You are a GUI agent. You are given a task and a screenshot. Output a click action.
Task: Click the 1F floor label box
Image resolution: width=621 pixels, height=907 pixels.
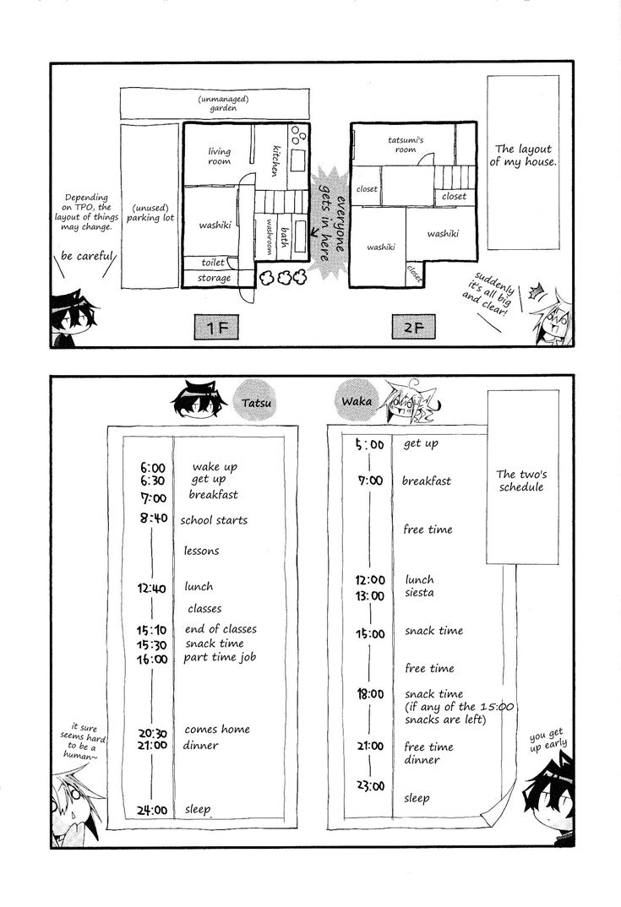tap(216, 328)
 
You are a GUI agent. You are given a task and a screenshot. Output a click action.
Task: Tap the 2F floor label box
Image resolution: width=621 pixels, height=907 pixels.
tap(413, 327)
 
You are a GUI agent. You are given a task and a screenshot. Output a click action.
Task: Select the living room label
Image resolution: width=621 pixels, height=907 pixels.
tap(220, 156)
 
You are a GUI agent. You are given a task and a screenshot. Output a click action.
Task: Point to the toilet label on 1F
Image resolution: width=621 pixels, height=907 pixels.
tap(213, 263)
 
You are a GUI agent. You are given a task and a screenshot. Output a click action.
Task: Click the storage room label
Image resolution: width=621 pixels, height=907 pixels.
tap(214, 278)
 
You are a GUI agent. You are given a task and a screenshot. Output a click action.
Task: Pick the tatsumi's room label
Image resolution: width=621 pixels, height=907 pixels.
tap(406, 144)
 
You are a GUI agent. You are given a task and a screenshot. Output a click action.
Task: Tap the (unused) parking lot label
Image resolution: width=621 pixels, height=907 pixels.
tap(150, 213)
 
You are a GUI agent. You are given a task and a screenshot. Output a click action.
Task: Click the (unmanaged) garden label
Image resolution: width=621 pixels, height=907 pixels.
tap(223, 104)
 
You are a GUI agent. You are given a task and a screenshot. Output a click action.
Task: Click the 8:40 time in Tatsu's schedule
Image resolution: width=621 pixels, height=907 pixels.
tap(154, 519)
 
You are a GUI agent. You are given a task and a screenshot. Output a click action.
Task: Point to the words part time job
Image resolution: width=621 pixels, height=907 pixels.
tap(220, 658)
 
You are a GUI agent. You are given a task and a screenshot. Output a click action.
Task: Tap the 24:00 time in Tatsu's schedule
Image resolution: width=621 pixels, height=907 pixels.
tap(152, 811)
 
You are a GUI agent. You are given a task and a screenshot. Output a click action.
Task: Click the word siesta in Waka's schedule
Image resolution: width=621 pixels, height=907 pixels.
tap(420, 593)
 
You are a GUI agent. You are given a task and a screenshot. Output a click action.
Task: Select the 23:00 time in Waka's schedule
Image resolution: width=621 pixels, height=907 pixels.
tap(370, 786)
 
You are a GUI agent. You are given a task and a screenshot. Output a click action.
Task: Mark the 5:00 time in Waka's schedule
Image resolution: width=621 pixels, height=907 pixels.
tap(370, 444)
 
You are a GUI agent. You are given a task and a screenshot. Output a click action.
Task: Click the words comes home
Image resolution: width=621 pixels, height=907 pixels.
tap(217, 730)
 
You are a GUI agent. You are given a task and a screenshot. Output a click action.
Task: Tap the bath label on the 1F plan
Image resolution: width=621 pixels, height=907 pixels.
tap(283, 237)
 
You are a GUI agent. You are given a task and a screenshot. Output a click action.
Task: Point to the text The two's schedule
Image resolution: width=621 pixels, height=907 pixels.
tap(521, 481)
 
